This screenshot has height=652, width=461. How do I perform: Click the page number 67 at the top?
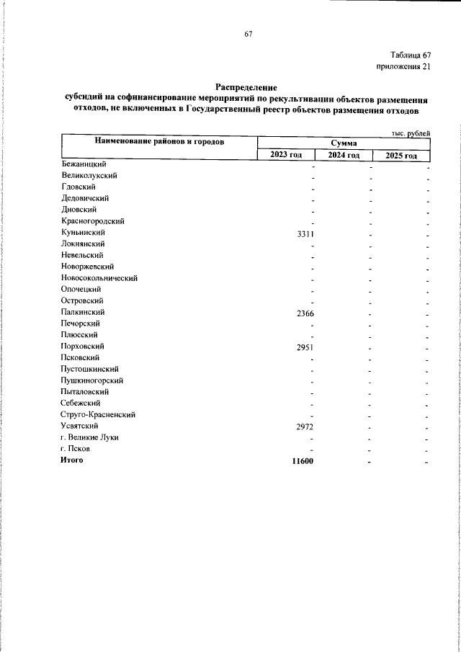tap(249, 34)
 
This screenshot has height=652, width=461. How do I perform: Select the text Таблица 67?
tap(411, 55)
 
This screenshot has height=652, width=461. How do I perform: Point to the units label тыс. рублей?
tap(411, 133)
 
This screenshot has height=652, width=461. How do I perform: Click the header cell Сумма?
tap(344, 143)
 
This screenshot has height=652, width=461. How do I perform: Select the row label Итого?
tap(72, 460)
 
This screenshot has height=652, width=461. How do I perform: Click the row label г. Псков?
tap(76, 448)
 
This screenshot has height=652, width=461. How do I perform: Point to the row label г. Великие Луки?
tap(90, 437)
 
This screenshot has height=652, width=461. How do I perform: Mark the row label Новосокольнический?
tap(99, 277)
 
